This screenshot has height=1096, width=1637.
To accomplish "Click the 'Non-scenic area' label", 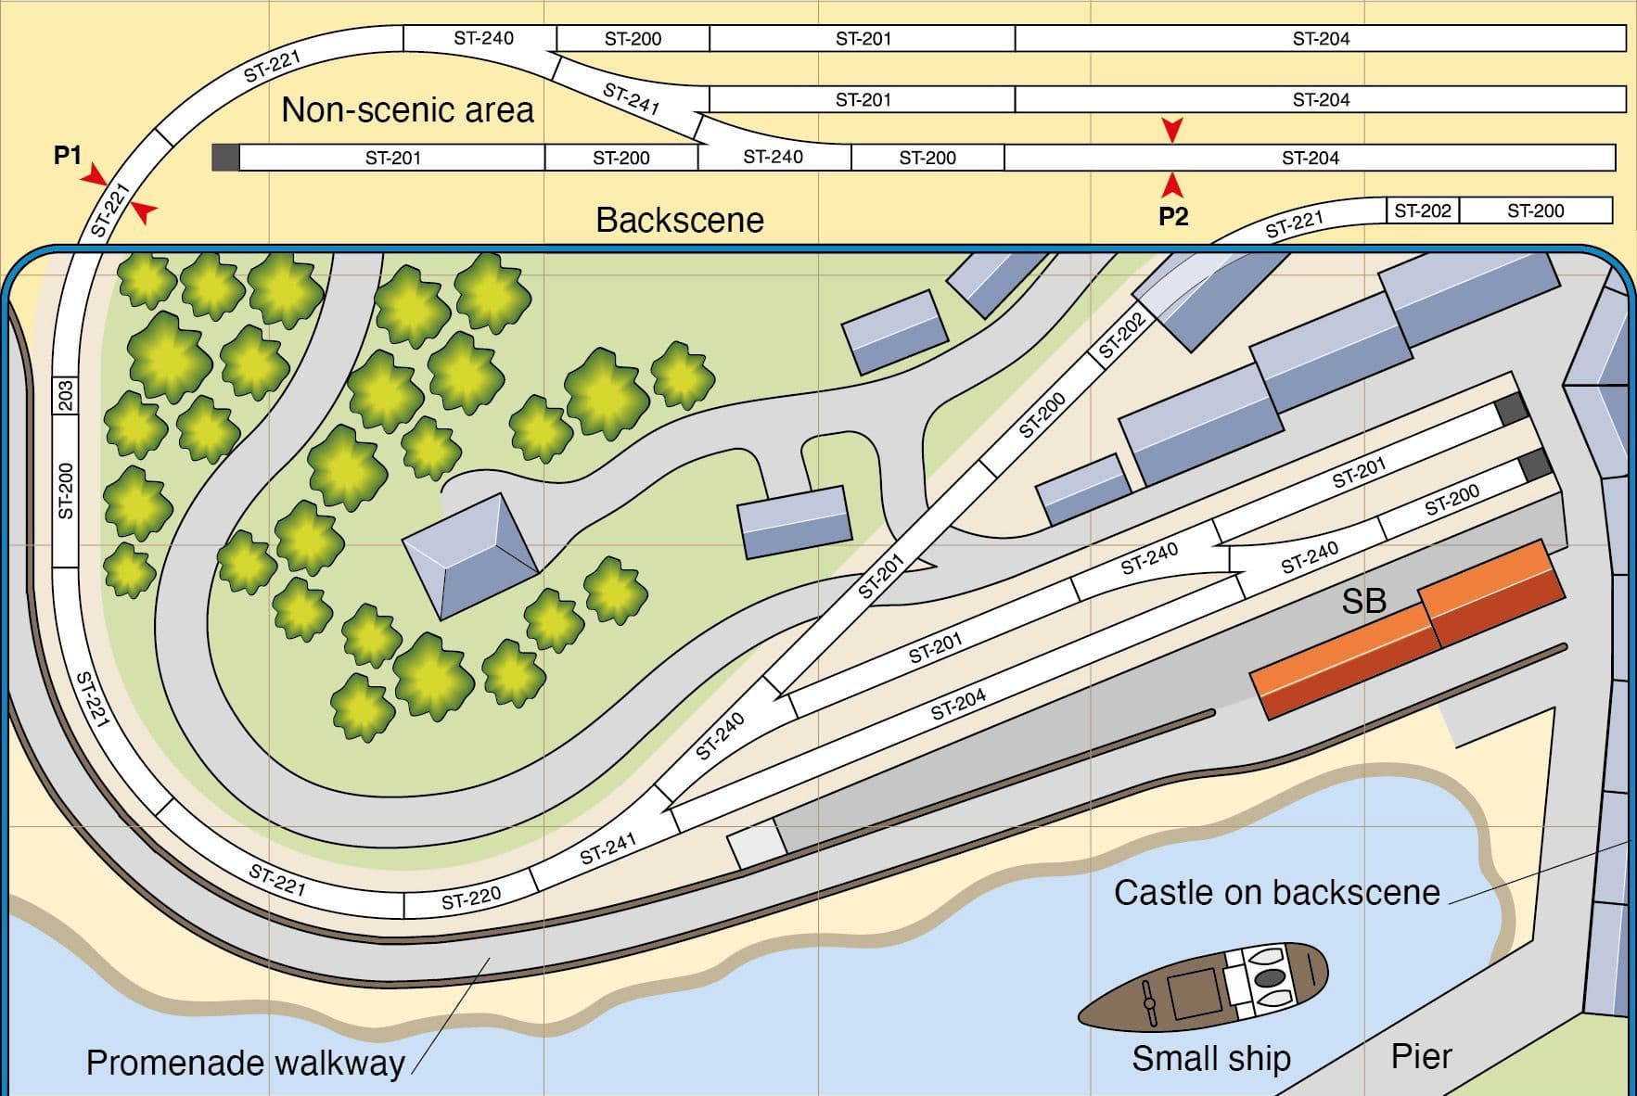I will click(407, 110).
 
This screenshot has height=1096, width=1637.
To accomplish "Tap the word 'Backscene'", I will click(680, 220).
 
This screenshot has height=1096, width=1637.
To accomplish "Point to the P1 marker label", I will click(68, 156).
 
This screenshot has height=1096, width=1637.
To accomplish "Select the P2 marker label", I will click(1173, 217).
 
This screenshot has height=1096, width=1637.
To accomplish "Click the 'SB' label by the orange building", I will click(1363, 602).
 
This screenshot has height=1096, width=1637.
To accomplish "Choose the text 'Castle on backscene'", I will click(1276, 892).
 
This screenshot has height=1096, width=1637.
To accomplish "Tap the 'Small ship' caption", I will click(1211, 1058).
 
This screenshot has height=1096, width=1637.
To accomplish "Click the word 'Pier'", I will click(1421, 1056).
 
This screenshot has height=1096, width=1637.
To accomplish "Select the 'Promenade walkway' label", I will click(245, 1063).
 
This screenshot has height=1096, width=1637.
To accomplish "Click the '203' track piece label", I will click(65, 395).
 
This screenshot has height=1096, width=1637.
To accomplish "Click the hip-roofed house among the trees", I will click(470, 554).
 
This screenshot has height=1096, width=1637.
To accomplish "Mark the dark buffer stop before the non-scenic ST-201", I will click(225, 158).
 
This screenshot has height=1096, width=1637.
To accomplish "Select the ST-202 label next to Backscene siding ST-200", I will click(1422, 210).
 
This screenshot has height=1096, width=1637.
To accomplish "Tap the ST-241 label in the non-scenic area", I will click(631, 98).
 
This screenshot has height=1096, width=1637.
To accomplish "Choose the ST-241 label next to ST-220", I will click(607, 848).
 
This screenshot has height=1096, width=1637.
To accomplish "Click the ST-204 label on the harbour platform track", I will click(958, 706).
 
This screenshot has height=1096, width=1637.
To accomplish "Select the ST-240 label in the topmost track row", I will click(483, 38).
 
